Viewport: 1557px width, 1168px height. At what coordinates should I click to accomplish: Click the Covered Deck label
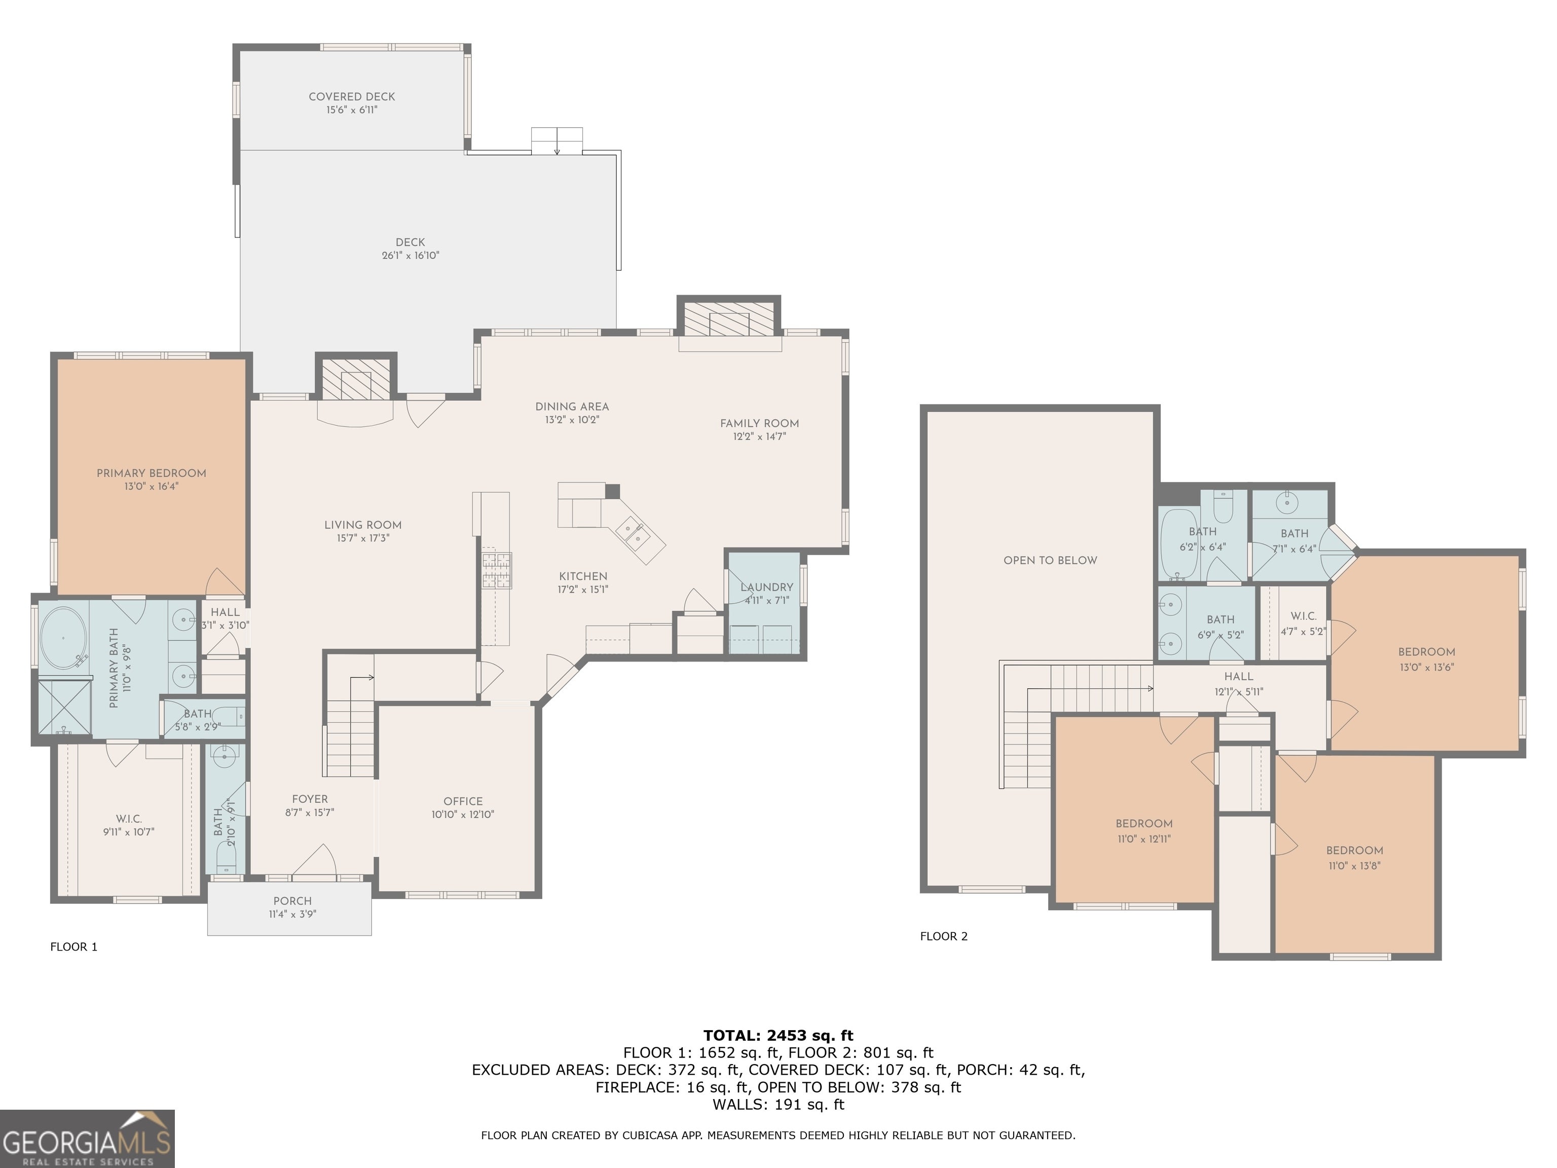[x=352, y=96]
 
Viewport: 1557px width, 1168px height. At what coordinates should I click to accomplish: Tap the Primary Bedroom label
[x=152, y=473]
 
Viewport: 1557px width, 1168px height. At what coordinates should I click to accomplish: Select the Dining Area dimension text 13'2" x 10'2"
[x=572, y=420]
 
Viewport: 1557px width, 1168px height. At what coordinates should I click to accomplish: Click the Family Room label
[x=760, y=423]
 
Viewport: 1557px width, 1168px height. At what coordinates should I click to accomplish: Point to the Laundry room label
[x=766, y=587]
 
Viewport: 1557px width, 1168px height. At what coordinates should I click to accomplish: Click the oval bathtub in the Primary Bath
[x=63, y=638]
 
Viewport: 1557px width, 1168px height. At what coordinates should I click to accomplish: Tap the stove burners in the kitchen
[x=496, y=570]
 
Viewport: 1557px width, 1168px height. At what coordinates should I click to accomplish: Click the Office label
[x=463, y=801]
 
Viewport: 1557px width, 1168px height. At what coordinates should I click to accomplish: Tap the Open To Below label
[x=1050, y=560]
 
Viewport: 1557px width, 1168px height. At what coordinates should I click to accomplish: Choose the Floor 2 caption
[x=944, y=936]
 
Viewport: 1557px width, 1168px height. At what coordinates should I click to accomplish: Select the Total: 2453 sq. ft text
[x=778, y=1036]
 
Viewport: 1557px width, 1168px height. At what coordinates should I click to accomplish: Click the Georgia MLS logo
[x=87, y=1139]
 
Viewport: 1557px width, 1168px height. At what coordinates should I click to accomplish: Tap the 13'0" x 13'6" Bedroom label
[x=1426, y=652]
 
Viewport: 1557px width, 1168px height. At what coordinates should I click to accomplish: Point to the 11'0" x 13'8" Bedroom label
[x=1354, y=851]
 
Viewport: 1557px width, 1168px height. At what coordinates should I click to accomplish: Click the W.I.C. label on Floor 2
[x=1303, y=616]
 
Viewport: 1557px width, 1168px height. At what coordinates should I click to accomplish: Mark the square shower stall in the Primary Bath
[x=63, y=706]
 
